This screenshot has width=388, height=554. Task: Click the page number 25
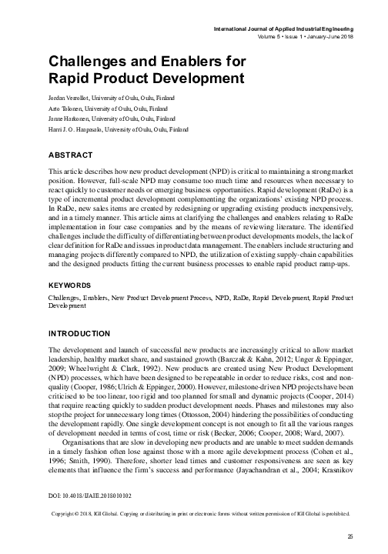point(351,537)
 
